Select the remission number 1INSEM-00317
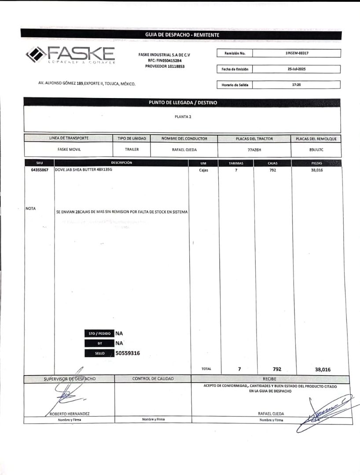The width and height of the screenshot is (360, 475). coord(297,53)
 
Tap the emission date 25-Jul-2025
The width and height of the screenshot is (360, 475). coord(297,69)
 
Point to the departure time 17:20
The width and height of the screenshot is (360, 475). coord(297,84)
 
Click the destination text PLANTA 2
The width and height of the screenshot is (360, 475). coord(183,117)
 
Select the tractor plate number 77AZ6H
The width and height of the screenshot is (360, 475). coord(254,150)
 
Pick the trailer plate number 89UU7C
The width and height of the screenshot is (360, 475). coord(316,150)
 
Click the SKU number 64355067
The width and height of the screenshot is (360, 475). coord(40,170)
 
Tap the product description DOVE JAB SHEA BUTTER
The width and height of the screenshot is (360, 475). coord(84,170)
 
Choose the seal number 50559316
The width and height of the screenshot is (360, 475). coord(128,353)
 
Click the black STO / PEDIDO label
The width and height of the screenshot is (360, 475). coord(99,333)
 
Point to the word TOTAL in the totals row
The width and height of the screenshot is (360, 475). coord(206,369)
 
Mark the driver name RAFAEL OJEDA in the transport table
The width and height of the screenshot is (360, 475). coord(184,150)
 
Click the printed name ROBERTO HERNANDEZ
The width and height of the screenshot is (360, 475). coord(70,414)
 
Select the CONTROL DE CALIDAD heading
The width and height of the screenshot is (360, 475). coord(153,379)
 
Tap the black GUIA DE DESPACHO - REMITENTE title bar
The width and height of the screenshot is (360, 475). coord(182,35)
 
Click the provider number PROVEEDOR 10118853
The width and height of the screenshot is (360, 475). coord(165,66)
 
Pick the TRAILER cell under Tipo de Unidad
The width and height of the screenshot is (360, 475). coord(132,150)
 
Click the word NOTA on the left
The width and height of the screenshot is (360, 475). coord(31,208)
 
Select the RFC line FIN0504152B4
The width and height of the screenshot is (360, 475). coord(165,61)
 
